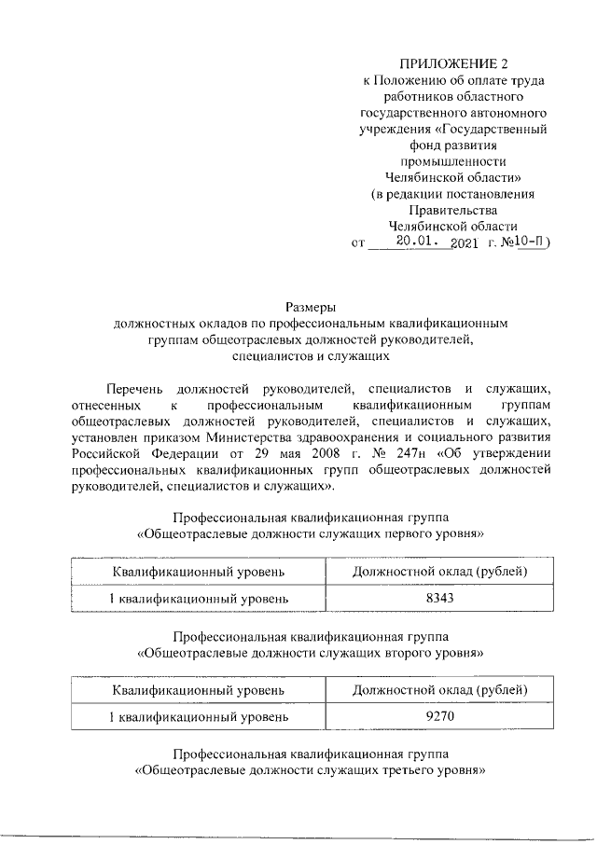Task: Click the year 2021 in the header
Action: [x=464, y=243]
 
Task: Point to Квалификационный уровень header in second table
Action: [x=198, y=691]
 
